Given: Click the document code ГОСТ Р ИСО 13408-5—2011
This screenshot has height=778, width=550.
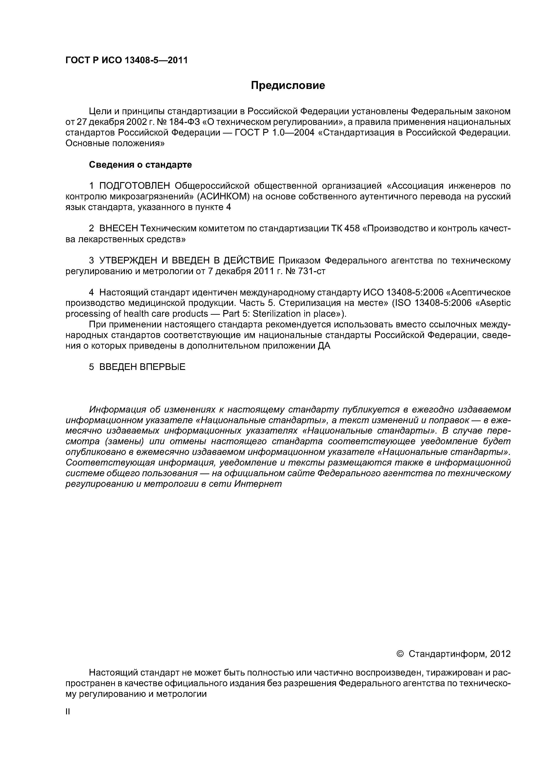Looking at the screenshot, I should point(126,60).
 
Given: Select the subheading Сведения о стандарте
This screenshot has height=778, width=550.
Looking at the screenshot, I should point(140,165).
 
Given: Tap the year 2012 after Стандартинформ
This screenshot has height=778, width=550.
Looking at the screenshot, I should point(500,654).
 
